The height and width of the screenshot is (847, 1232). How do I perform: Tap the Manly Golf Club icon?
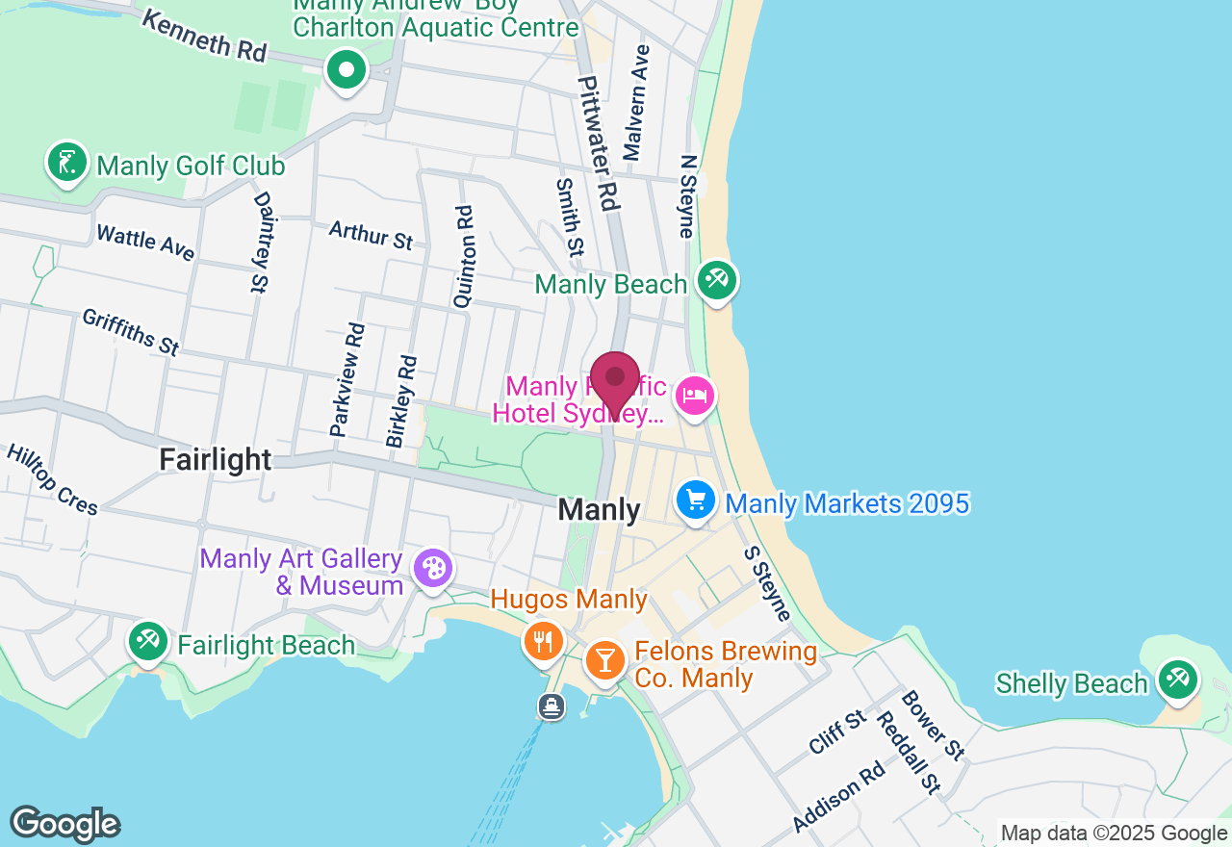click(x=66, y=163)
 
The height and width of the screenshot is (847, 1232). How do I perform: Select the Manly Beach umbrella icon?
click(x=716, y=281)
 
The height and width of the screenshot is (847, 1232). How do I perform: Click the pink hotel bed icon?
click(x=695, y=396)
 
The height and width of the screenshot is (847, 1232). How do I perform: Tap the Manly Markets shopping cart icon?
click(x=696, y=500)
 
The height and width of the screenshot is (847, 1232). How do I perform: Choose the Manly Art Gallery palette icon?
click(x=432, y=567)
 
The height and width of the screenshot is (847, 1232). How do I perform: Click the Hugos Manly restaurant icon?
click(x=543, y=640)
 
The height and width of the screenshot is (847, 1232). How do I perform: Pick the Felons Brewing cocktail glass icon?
click(x=604, y=660)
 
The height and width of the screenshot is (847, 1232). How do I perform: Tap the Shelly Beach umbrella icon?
click(x=1176, y=679)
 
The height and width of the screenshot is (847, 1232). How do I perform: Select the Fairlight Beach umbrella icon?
click(x=148, y=642)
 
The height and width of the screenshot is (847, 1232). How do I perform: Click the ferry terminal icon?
click(x=552, y=707)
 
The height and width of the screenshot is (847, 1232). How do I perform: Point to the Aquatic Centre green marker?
click(x=346, y=69)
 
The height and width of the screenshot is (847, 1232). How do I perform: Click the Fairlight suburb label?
click(x=216, y=459)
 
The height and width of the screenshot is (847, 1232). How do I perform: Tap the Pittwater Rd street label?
click(x=597, y=143)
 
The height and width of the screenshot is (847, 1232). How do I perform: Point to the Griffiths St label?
click(x=131, y=332)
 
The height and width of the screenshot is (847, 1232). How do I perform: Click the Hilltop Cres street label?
click(x=53, y=479)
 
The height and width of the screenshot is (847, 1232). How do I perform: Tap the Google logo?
click(x=64, y=824)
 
